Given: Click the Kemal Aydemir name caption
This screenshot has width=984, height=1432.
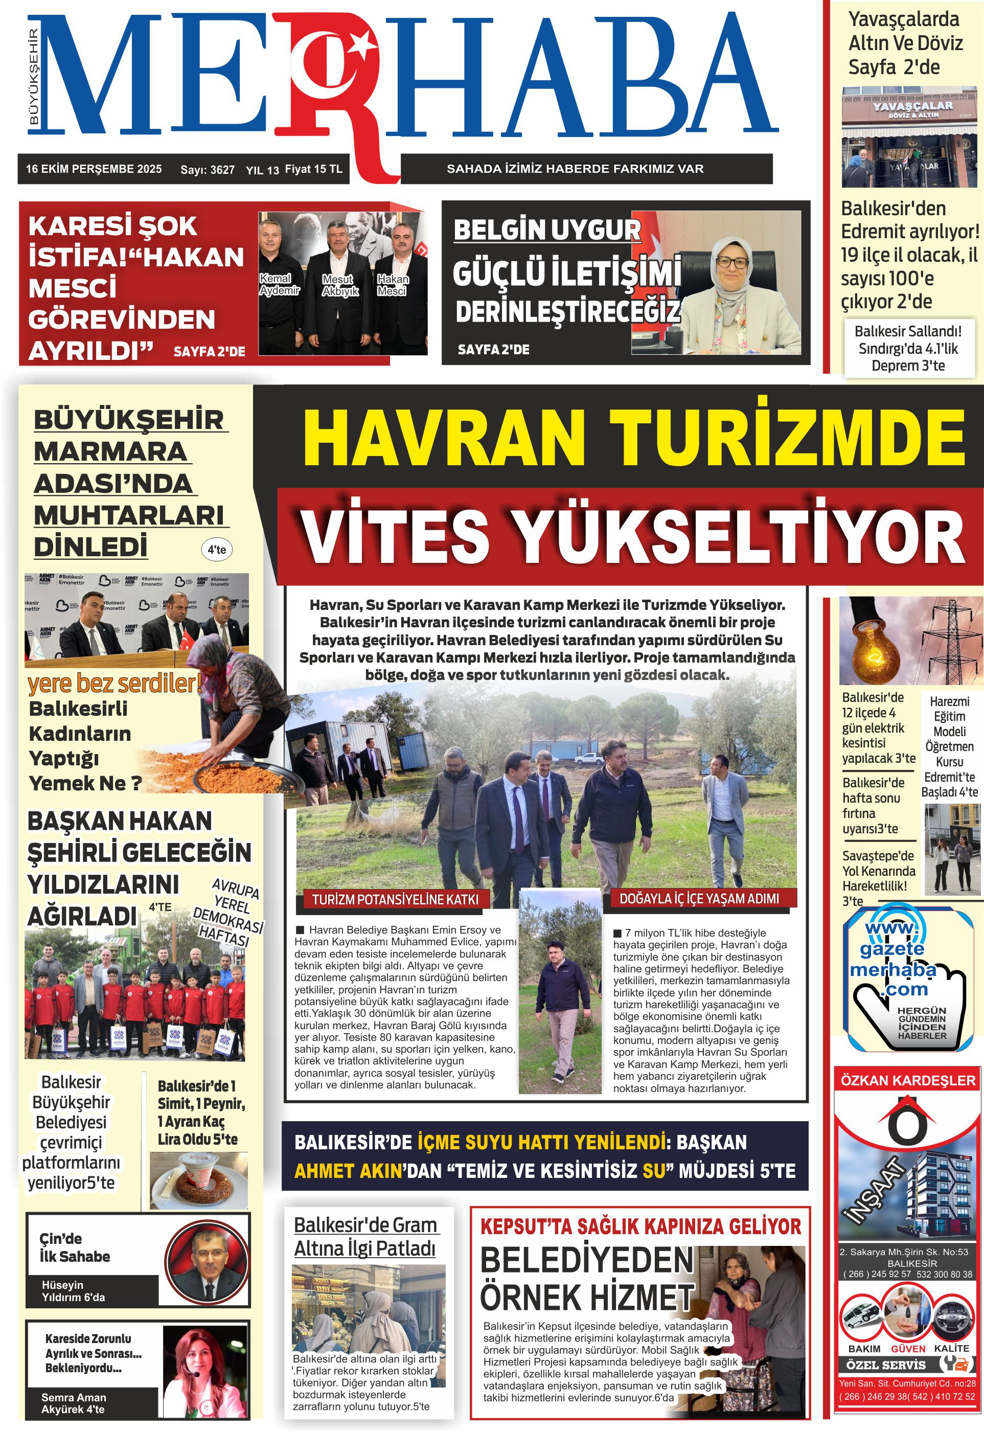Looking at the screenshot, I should [x=279, y=284].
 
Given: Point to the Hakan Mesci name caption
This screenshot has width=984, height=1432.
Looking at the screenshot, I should [x=393, y=285].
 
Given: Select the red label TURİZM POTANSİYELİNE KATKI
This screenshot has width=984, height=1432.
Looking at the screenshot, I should [x=395, y=899].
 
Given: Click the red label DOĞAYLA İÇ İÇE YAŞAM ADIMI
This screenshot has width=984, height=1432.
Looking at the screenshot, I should [x=699, y=898].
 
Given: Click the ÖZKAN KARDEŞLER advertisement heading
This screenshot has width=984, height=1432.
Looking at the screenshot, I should [x=908, y=1080].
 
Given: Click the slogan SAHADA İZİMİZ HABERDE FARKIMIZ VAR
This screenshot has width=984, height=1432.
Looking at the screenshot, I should [x=575, y=168].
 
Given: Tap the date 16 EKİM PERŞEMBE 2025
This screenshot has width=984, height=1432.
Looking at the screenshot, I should [x=94, y=169].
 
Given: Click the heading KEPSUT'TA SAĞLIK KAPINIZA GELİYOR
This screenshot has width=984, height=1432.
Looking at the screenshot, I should [x=640, y=1226].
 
